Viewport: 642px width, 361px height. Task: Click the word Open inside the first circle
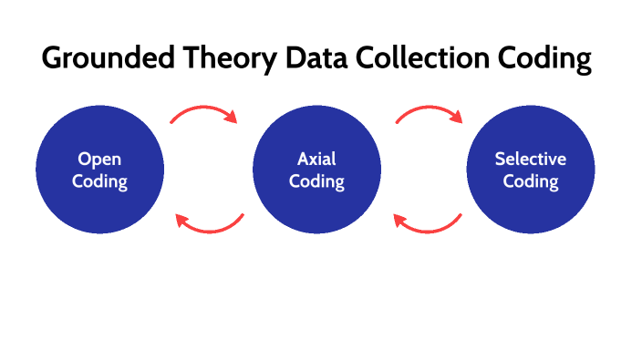tap(100, 159)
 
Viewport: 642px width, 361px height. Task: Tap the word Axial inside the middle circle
tap(316, 159)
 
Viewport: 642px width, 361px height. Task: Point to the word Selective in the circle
tap(531, 159)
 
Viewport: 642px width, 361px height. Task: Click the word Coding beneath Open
tap(100, 180)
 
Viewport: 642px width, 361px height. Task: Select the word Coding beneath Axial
tap(316, 180)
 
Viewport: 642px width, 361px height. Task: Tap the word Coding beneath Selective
tap(531, 180)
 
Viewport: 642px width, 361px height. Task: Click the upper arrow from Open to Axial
tap(202, 111)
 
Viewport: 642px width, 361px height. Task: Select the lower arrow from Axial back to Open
tap(210, 226)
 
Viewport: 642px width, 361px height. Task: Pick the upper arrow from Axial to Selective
tap(429, 111)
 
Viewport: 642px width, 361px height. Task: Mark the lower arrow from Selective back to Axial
tap(427, 226)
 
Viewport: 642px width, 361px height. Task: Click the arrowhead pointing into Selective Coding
tap(458, 119)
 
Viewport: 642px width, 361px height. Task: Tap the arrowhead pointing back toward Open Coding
tap(180, 220)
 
